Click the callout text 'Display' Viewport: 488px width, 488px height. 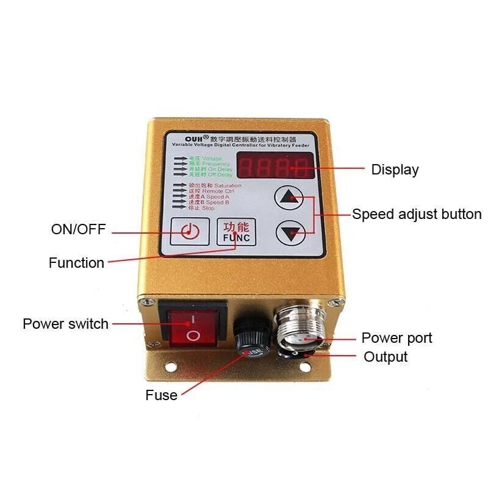click(395, 170)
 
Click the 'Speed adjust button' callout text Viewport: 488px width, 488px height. click(417, 214)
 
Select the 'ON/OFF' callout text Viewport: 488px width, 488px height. click(78, 229)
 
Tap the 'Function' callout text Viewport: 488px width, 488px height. click(76, 263)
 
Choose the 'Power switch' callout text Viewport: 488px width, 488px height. click(65, 323)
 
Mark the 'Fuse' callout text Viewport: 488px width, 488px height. click(161, 395)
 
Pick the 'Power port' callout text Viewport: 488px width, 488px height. click(396, 337)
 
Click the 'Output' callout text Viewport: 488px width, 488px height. click(386, 357)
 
